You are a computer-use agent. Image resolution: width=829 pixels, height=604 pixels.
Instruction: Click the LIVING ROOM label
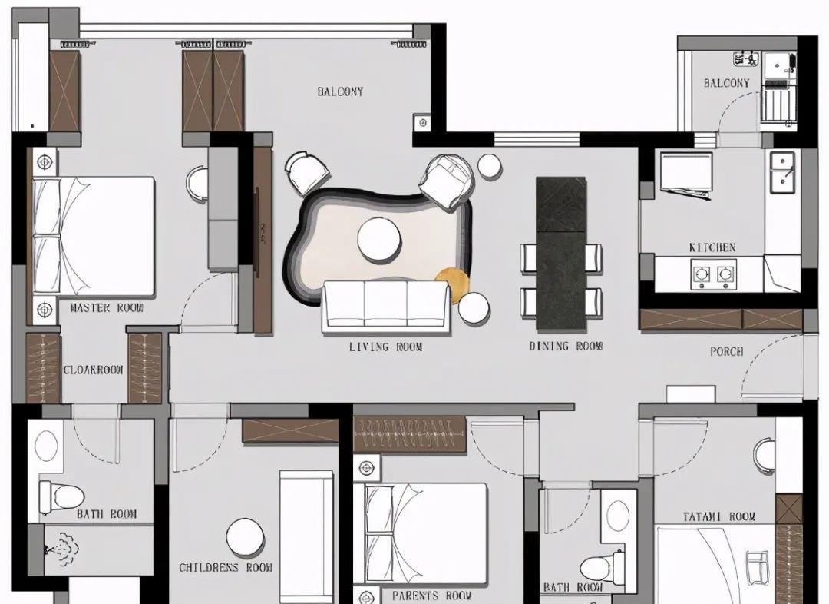pos(385,347)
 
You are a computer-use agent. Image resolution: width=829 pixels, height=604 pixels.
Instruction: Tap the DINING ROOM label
pos(566,347)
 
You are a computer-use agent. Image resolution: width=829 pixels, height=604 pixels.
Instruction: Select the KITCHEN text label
pos(712,247)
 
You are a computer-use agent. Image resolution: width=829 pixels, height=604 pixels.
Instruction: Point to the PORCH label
pos(726,351)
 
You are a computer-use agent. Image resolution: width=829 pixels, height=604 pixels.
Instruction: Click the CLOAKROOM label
pos(94,370)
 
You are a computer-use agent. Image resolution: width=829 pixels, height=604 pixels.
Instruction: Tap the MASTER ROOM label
pos(107,307)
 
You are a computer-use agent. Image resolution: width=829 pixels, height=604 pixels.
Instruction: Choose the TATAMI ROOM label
pos(719,516)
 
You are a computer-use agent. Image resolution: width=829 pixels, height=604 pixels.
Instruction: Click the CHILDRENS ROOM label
pos(226,567)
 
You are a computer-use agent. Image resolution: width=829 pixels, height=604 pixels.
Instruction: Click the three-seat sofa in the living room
pos(386,307)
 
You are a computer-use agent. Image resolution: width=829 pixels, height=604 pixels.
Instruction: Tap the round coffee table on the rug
pos(379,239)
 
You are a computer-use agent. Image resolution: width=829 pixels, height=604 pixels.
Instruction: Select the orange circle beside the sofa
pos(452,285)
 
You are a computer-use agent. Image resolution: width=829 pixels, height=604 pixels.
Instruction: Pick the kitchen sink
pos(782,172)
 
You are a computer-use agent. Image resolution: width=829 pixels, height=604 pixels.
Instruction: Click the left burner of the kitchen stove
pos(702,274)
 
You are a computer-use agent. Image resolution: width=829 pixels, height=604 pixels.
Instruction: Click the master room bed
pos(94,236)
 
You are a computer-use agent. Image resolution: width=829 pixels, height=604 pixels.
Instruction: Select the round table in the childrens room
pos(246,537)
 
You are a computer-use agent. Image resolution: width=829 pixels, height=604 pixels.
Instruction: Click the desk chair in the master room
pos(198,184)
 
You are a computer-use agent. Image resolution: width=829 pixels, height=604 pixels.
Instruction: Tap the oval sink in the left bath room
pos(47,446)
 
